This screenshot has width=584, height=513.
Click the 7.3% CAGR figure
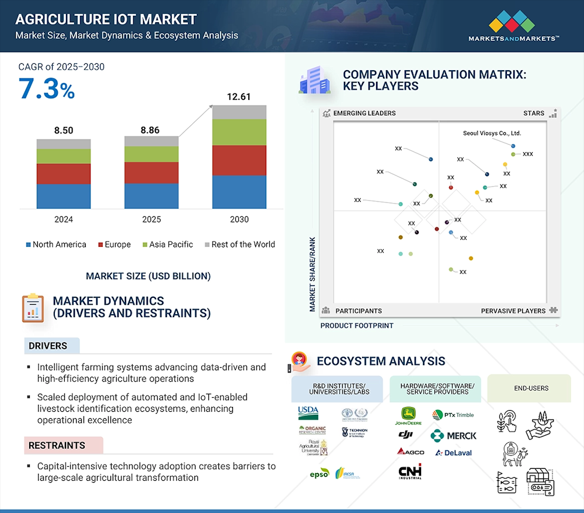(x=47, y=89)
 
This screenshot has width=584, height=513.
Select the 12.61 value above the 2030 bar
(x=239, y=97)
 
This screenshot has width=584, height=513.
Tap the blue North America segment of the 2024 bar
(x=64, y=196)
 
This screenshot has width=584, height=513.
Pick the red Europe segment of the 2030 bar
(x=239, y=160)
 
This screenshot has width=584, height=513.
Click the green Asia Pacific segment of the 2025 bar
(x=151, y=154)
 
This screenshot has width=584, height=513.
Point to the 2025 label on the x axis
(x=151, y=219)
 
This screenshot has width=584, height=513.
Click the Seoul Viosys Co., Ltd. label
(x=492, y=133)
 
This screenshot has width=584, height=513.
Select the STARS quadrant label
(x=533, y=113)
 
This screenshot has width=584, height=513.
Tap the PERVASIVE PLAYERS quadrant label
(x=513, y=311)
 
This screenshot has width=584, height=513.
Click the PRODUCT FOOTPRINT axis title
(x=357, y=325)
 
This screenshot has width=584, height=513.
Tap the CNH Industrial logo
(x=410, y=471)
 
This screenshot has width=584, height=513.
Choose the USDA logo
(x=308, y=413)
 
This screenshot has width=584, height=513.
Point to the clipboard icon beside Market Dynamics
(x=33, y=308)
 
